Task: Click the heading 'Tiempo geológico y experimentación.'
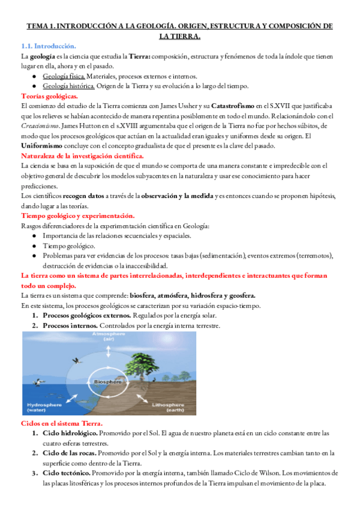click(x=77, y=215)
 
